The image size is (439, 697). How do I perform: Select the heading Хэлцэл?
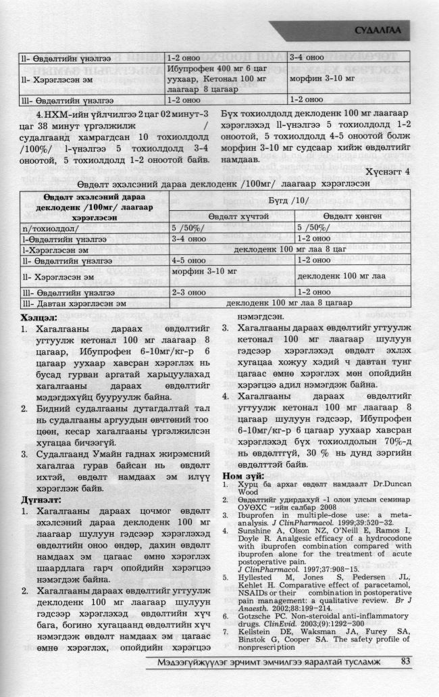click(30, 315)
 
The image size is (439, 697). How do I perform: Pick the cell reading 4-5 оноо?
click(189, 259)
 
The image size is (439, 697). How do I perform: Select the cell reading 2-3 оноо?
click(189, 293)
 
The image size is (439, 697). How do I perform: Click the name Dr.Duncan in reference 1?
click(390, 504)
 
